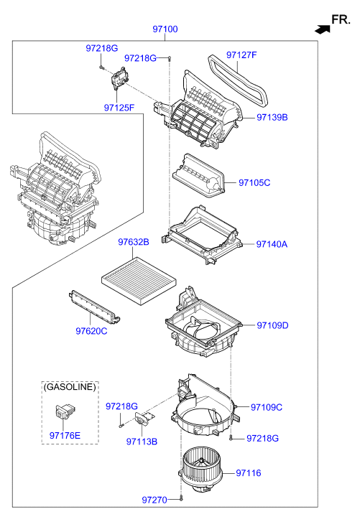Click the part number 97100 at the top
(165, 29)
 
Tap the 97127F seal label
(241, 55)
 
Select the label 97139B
(272, 117)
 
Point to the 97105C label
(254, 182)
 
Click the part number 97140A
(272, 244)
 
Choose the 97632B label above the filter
(134, 242)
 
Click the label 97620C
(91, 331)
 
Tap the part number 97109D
(272, 325)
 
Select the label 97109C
(267, 407)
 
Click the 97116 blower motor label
(249, 472)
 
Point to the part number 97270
(154, 500)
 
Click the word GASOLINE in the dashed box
(70, 386)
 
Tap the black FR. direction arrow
(323, 29)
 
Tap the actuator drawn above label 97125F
(119, 78)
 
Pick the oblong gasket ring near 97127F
(238, 81)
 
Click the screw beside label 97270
(181, 498)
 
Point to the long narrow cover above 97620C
(94, 307)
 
